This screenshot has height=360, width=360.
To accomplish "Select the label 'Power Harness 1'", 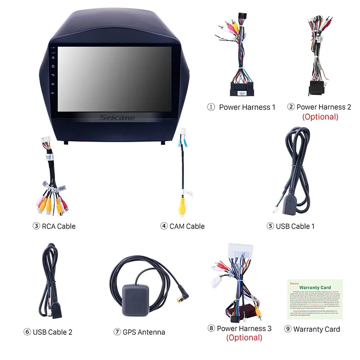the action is [247, 107].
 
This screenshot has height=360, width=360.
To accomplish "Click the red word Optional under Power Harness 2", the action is [320, 117].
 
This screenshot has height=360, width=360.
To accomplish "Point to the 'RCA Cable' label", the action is [58, 226].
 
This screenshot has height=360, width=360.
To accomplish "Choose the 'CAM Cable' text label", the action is [187, 226].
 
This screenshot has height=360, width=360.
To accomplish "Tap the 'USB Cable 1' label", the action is [295, 226].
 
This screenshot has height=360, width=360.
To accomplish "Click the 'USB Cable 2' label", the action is [52, 332].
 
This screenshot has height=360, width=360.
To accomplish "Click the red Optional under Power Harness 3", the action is [244, 337].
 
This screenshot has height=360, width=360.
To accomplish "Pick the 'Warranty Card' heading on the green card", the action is [315, 287].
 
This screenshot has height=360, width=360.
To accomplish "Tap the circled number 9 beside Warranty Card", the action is [288, 329].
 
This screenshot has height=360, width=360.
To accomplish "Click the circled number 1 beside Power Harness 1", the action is [211, 107].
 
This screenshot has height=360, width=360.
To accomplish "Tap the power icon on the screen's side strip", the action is [54, 57].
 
